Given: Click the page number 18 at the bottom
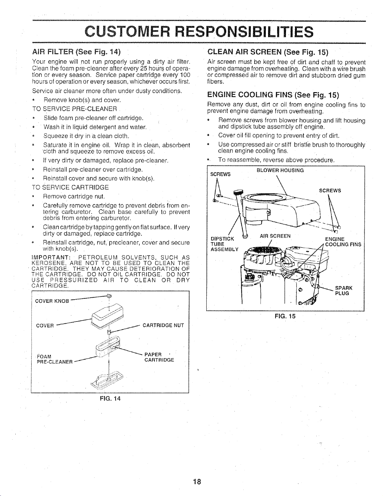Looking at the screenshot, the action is tap(197, 482).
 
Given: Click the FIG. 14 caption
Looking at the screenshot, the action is tap(110, 399).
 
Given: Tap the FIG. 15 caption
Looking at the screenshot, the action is tap(285, 316).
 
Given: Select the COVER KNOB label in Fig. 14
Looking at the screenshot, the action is tap(52, 301).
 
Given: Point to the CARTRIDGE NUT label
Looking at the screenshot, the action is tap(163, 325).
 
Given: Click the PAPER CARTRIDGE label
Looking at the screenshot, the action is tap(159, 357).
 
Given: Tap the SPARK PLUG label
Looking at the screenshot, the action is tap(344, 290).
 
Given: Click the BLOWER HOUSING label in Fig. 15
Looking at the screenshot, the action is tap(280, 170).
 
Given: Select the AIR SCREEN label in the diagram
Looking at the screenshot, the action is tap(275, 236).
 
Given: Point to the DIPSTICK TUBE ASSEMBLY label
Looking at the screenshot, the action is tap(225, 244).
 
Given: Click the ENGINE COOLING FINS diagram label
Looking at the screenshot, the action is tap(343, 242).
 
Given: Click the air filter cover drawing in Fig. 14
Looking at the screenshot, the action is tap(107, 317).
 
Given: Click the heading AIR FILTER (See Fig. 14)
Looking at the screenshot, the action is tap(76, 52).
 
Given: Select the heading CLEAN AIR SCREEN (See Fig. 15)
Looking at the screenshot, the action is tap(268, 52).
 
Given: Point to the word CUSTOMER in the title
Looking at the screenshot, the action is tap(127, 32).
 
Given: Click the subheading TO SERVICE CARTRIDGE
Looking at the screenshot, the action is tap(70, 187).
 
